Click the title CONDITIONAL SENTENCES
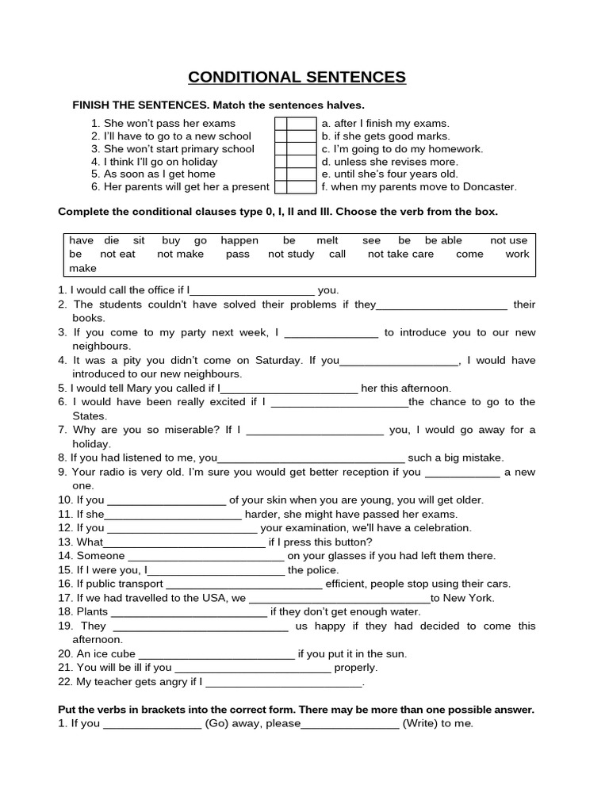point(297,77)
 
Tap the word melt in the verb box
point(327,240)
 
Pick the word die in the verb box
point(111,240)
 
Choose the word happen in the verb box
point(239,240)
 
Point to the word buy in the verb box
point(170,240)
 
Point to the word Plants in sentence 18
point(93,612)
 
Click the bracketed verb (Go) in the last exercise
point(219,723)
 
